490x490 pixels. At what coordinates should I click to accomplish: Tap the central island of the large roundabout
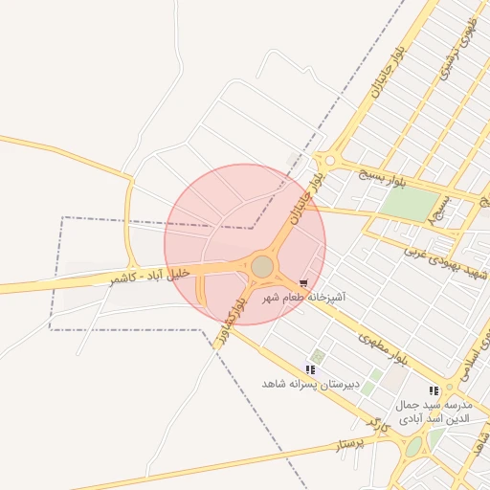[x=261, y=266]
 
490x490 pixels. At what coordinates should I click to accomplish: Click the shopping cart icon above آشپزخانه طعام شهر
[x=303, y=283]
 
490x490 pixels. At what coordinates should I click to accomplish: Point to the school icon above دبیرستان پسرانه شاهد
[x=310, y=369]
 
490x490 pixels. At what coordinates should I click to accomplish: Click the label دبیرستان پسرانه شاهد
[x=310, y=384]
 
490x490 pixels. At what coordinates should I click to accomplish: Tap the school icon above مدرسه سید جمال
[x=434, y=390]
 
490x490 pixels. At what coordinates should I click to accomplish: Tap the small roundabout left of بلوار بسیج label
[x=330, y=162]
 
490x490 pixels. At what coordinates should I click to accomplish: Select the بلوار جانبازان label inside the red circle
[x=306, y=195]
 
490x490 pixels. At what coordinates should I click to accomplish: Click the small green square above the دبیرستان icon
[x=318, y=356]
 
